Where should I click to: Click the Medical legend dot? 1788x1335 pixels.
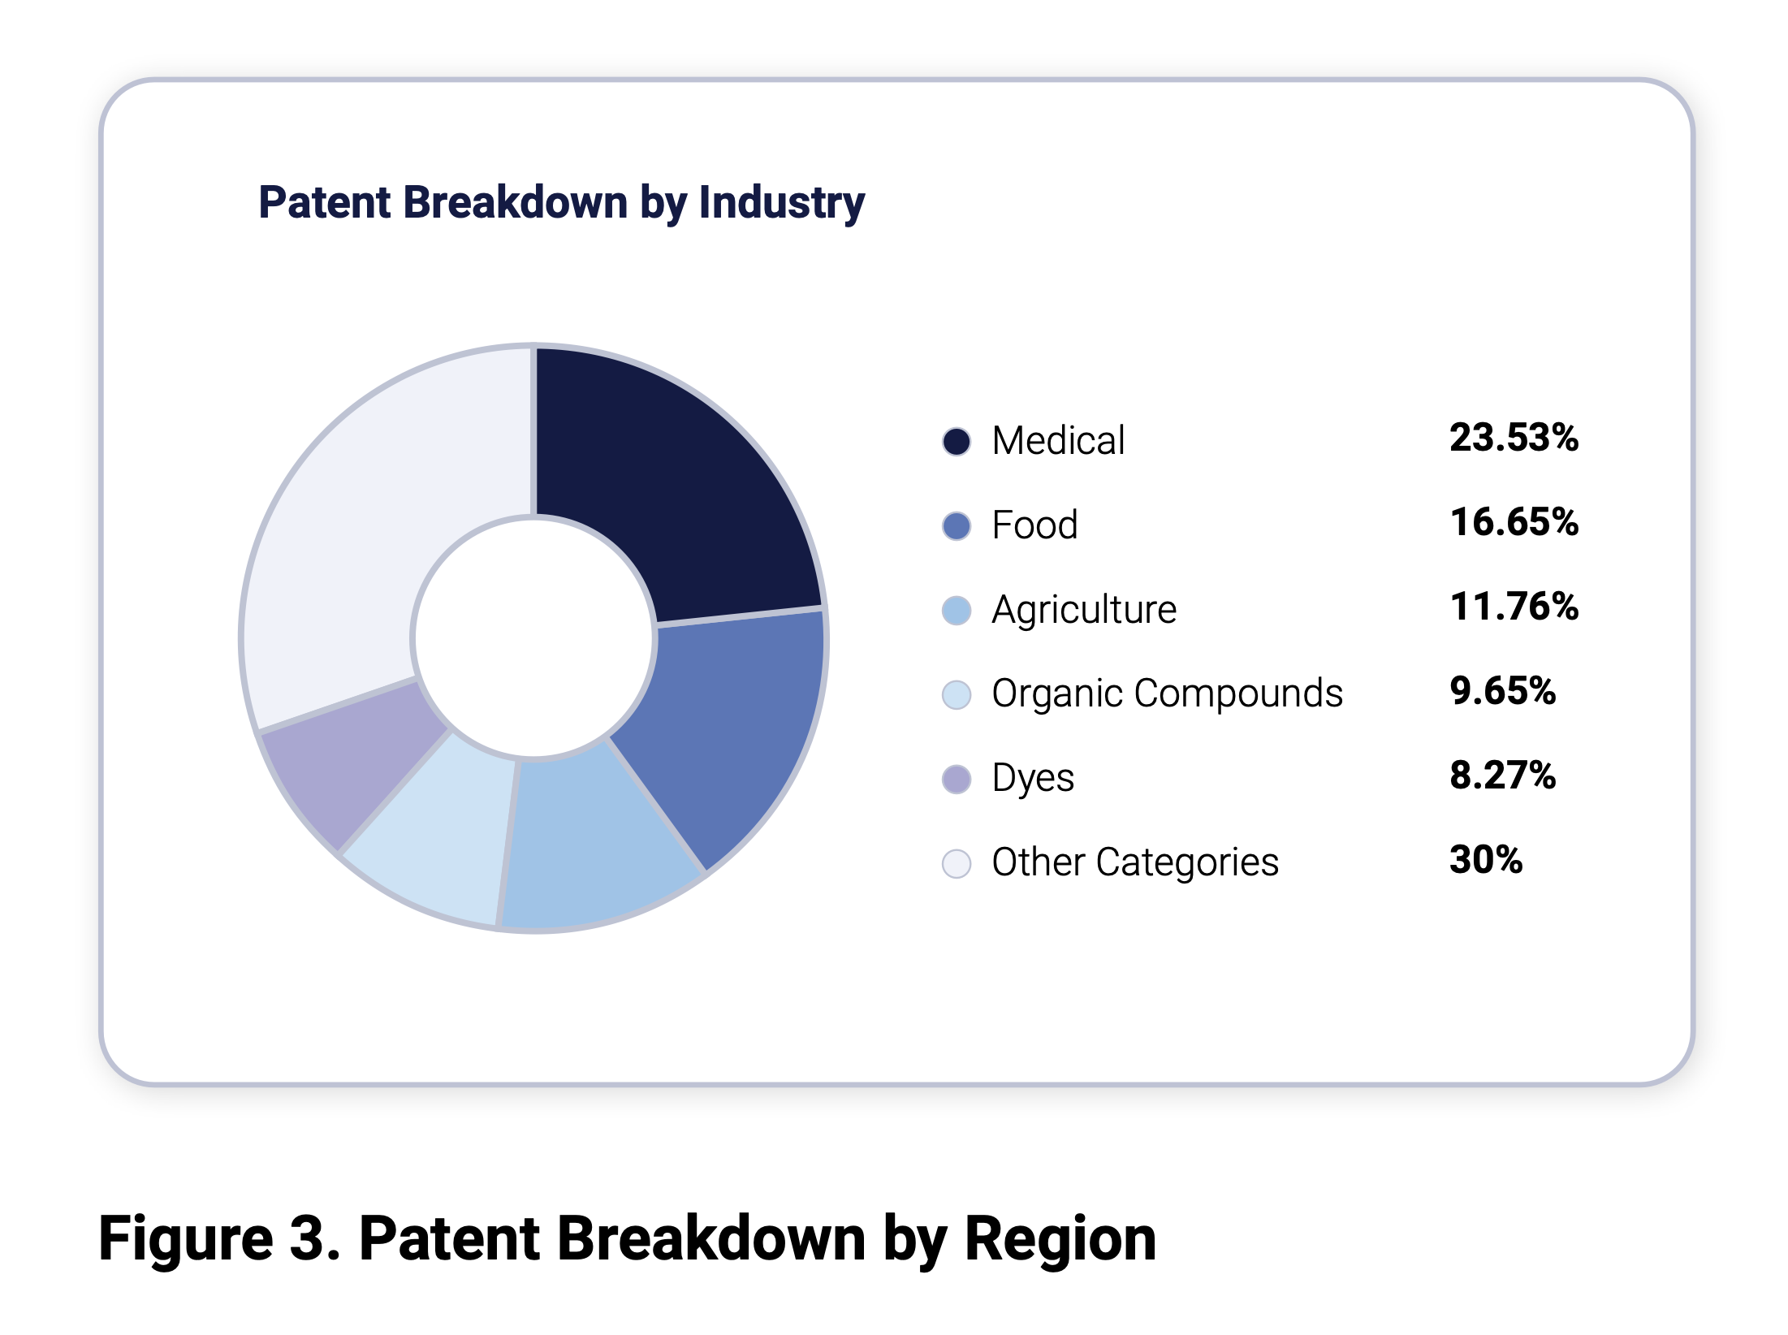[x=957, y=442]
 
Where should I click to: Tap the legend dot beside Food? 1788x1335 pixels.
[x=957, y=526]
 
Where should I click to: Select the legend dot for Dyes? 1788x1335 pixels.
[x=957, y=780]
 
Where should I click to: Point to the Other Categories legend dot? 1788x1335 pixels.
[x=957, y=863]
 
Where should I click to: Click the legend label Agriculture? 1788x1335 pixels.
[x=1084, y=610]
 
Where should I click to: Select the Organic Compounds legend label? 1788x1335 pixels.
[x=1167, y=694]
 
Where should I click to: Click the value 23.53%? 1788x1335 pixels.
[x=1514, y=439]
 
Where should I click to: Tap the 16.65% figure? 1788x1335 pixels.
[x=1514, y=523]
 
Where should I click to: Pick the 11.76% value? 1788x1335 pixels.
[x=1514, y=607]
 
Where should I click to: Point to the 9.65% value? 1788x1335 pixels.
[x=1502, y=692]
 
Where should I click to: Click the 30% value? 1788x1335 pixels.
[x=1486, y=860]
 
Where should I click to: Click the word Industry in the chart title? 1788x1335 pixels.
[x=781, y=203]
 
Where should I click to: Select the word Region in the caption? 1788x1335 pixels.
[x=1060, y=1240]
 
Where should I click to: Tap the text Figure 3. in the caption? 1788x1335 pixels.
[x=219, y=1240]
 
